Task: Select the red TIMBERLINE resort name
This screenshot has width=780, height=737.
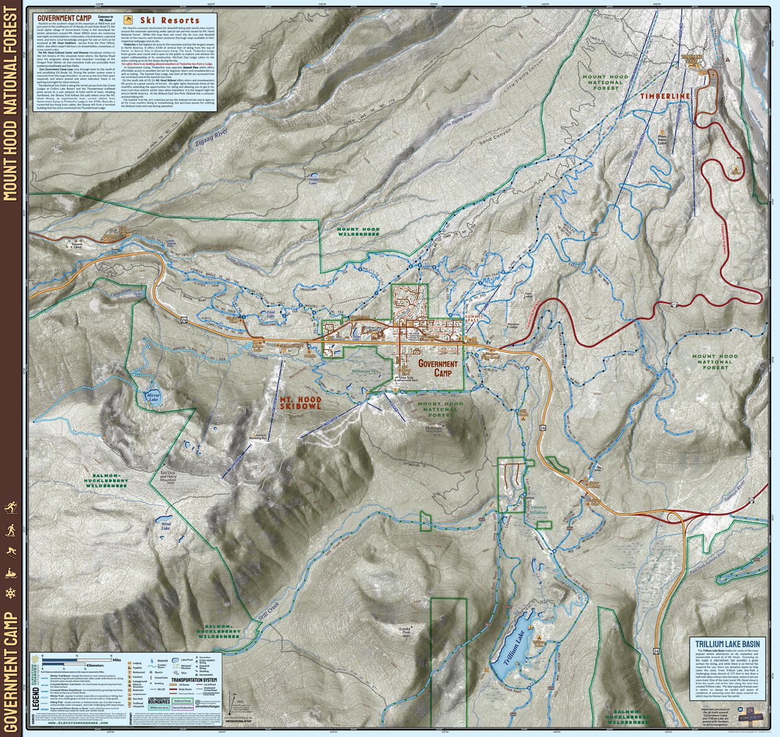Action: click(x=665, y=96)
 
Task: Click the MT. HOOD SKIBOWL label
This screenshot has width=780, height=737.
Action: click(x=300, y=403)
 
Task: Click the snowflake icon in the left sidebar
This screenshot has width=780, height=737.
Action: click(x=11, y=594)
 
